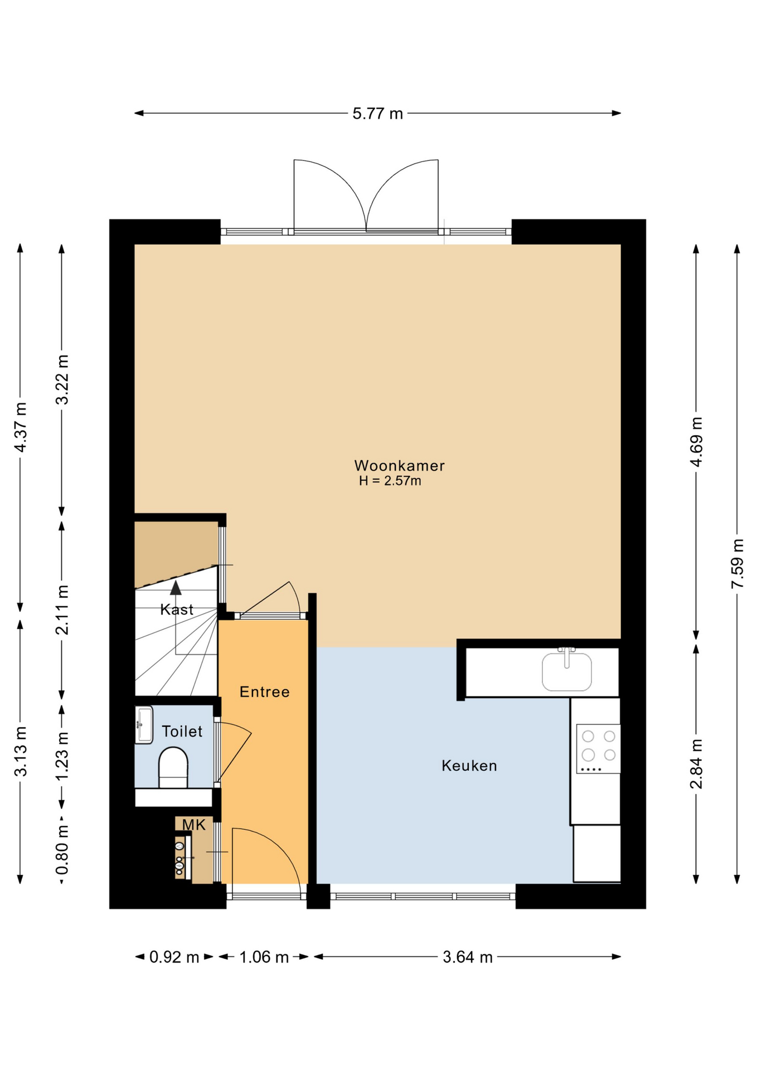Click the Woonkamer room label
(399, 465)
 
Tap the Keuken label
(469, 766)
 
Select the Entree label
(264, 692)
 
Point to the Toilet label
(182, 731)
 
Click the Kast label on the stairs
(177, 609)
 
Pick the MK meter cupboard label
(194, 825)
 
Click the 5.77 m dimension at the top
(377, 114)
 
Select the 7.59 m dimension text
(737, 563)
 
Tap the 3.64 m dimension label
(468, 957)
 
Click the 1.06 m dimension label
(264, 957)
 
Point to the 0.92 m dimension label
(174, 957)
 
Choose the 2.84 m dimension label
(696, 764)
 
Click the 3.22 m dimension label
(62, 380)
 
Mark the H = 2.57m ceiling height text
(390, 481)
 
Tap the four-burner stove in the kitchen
(598, 748)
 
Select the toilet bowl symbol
(173, 767)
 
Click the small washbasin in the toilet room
(144, 725)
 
